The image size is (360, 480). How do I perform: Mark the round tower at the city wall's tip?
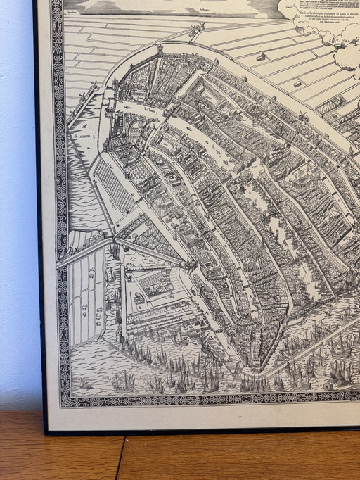[160, 51]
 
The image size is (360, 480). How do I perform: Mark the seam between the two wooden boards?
[120, 457]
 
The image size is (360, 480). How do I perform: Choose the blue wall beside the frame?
[17, 211]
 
